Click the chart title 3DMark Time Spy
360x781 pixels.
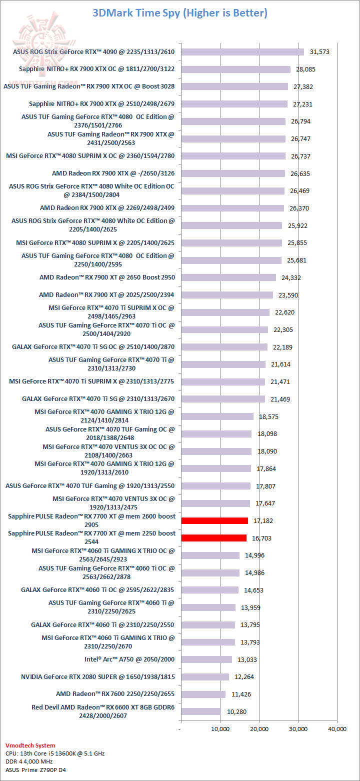pos(179,13)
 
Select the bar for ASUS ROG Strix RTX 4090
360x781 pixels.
pos(242,52)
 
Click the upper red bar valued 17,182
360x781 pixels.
pos(214,520)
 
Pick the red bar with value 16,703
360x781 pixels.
pos(213,538)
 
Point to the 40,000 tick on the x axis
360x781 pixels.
pos(337,729)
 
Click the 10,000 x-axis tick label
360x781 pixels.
pos(220,729)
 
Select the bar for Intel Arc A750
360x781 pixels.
pos(206,659)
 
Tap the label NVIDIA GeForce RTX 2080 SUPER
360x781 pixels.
pos(97,676)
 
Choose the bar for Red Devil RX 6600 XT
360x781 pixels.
pos(201,711)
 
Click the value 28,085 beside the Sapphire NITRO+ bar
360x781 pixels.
pos(305,69)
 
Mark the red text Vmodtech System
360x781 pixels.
pos(30,745)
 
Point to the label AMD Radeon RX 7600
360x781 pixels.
pos(115,694)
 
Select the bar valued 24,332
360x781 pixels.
pos(228,277)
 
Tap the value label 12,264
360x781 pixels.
pos(244,677)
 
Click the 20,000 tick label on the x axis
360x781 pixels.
pos(259,729)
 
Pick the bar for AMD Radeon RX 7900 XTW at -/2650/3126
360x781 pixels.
pos(233,173)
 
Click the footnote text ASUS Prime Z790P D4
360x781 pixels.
pos(35,770)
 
